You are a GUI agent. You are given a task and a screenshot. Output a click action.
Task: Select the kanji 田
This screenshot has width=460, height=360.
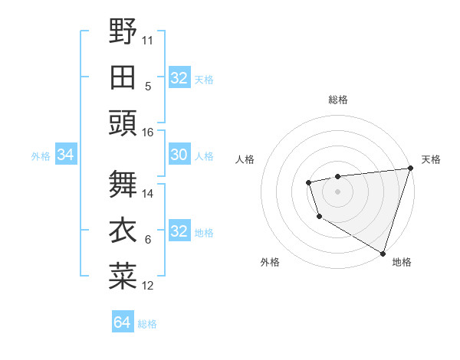pyautogui.click(x=123, y=77)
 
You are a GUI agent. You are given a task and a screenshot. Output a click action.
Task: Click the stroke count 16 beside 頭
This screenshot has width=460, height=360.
pyautogui.click(x=148, y=133)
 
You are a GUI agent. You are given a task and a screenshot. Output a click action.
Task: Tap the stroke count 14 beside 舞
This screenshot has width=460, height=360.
pyautogui.click(x=148, y=193)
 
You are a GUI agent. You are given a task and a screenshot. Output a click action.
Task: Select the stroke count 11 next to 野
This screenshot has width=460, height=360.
pyautogui.click(x=148, y=38)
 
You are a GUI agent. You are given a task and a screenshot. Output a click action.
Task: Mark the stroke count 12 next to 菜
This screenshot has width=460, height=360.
pyautogui.click(x=148, y=286)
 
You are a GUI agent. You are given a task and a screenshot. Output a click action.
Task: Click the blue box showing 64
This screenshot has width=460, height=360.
pyautogui.click(x=122, y=322)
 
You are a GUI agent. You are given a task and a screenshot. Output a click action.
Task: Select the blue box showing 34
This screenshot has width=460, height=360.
pyautogui.click(x=65, y=155)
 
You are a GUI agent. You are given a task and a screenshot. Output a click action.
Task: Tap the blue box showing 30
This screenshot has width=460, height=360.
pyautogui.click(x=179, y=155)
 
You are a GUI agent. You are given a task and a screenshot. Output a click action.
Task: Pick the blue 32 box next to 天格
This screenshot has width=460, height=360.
pyautogui.click(x=179, y=78)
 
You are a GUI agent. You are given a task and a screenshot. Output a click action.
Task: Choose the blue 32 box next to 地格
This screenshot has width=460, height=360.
pyautogui.click(x=179, y=232)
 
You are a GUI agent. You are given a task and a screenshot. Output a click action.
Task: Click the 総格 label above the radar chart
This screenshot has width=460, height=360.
pyautogui.click(x=337, y=100)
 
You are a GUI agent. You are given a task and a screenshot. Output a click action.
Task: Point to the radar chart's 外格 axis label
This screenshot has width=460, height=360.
pyautogui.click(x=270, y=263)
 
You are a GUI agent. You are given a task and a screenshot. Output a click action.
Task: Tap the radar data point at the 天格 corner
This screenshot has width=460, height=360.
pyautogui.click(x=410, y=169)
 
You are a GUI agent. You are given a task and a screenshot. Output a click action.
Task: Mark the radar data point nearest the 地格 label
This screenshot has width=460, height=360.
pyautogui.click(x=383, y=253)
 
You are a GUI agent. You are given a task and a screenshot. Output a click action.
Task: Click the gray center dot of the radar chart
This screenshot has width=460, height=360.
pyautogui.click(x=337, y=191)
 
